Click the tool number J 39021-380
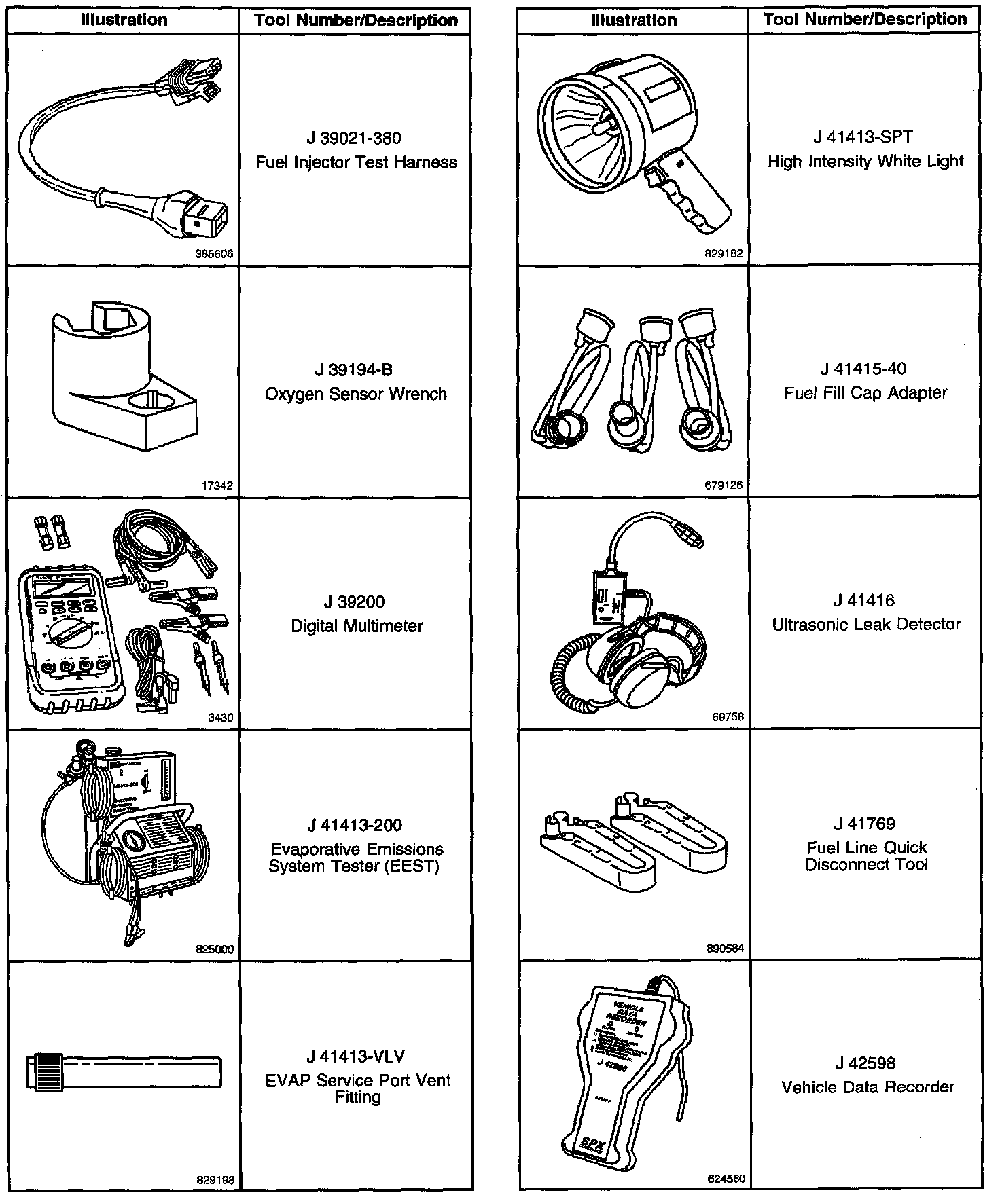click(353, 139)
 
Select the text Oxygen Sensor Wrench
click(356, 394)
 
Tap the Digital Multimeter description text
click(357, 626)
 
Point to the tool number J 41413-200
click(355, 826)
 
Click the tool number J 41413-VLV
click(355, 1056)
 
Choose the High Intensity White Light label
click(865, 162)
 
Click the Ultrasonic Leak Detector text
click(866, 625)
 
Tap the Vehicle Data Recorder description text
click(868, 1088)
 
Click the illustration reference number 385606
click(214, 254)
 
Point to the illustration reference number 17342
click(217, 485)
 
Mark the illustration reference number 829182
click(724, 254)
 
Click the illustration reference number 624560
click(726, 1179)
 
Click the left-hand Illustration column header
click(124, 20)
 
